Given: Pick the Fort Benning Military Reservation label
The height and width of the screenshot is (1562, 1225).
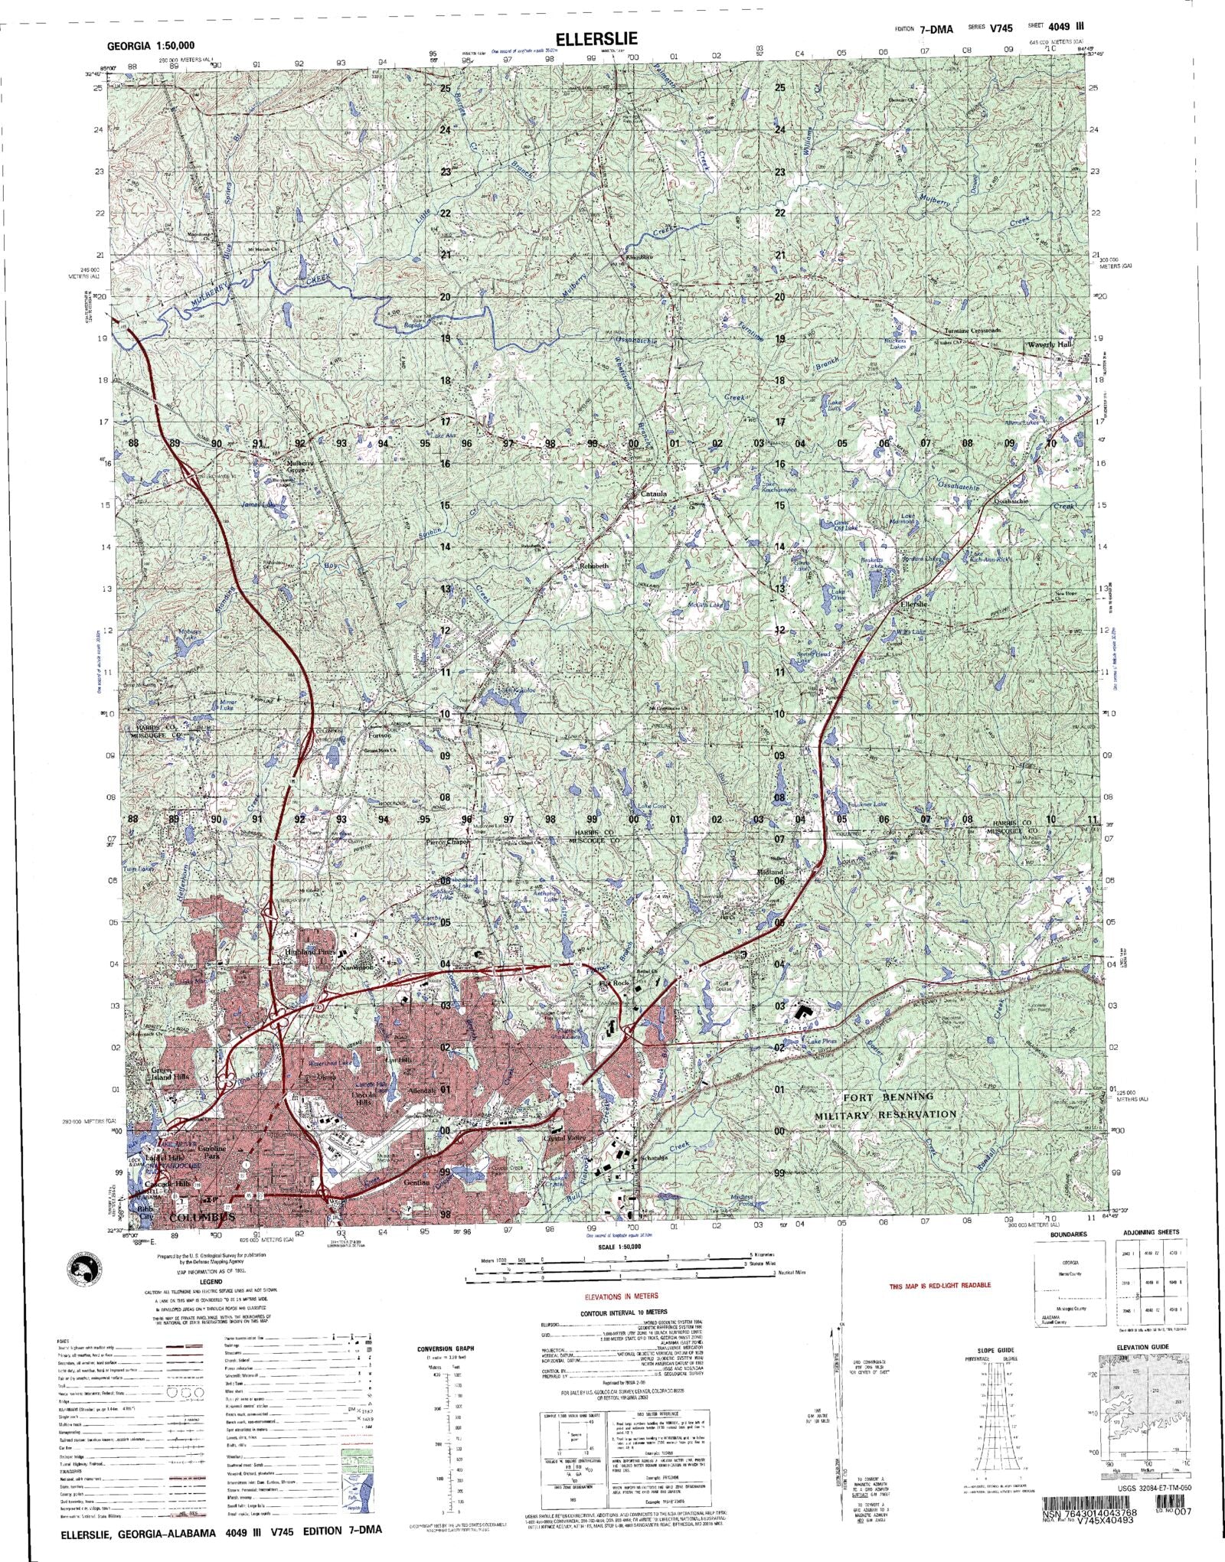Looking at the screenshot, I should tap(888, 1105).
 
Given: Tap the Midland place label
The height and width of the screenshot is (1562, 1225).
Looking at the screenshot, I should tap(770, 872).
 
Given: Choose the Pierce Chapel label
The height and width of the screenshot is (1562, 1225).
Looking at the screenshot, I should tap(447, 842).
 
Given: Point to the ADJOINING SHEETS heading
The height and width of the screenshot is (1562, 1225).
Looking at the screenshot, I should tap(1151, 1254).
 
